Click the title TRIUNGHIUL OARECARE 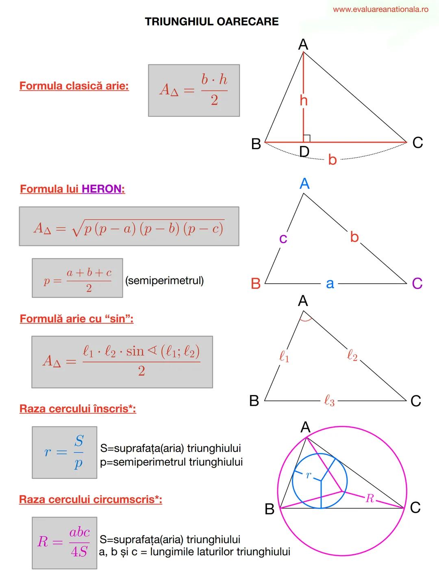click(x=212, y=22)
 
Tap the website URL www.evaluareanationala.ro click(x=380, y=9)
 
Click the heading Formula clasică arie click(x=74, y=86)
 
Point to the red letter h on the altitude click(x=304, y=101)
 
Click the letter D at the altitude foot click(x=304, y=151)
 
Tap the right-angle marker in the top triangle click(x=307, y=138)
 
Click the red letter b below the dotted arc click(x=332, y=160)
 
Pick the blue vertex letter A click(x=304, y=184)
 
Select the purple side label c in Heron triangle click(x=283, y=238)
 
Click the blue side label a click(x=330, y=283)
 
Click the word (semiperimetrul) click(x=165, y=281)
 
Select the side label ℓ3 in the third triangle click(x=329, y=401)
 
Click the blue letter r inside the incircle click(x=309, y=475)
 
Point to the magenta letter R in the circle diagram click(x=369, y=498)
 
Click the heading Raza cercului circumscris click(x=90, y=499)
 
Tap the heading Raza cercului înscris click(x=78, y=409)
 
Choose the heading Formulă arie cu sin click(x=76, y=318)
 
